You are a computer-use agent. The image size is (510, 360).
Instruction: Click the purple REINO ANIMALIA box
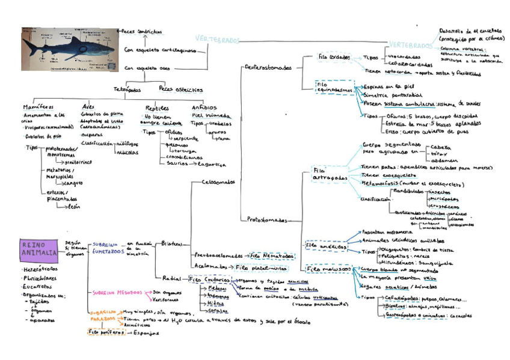click(38, 249)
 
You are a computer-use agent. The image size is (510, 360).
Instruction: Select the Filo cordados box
click(334, 57)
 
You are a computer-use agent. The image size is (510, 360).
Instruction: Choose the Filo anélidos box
click(327, 246)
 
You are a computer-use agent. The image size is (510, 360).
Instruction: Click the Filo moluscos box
click(329, 269)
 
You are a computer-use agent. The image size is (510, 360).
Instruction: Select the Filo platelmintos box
click(261, 267)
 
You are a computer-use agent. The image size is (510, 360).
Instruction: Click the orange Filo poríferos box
click(105, 331)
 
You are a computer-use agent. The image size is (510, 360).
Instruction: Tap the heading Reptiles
click(157, 108)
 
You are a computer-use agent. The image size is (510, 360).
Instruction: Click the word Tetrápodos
click(127, 90)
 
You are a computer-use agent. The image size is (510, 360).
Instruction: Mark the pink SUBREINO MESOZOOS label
click(117, 293)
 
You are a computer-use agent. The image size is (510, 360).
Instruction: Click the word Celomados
click(218, 182)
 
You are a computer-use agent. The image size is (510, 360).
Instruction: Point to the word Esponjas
click(146, 331)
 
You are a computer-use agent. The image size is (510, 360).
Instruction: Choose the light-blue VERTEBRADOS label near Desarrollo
click(410, 45)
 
